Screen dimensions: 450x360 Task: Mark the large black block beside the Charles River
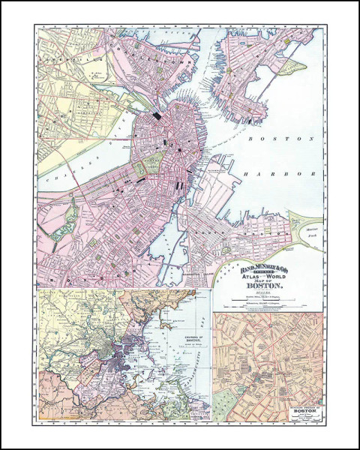tap(157, 116)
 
